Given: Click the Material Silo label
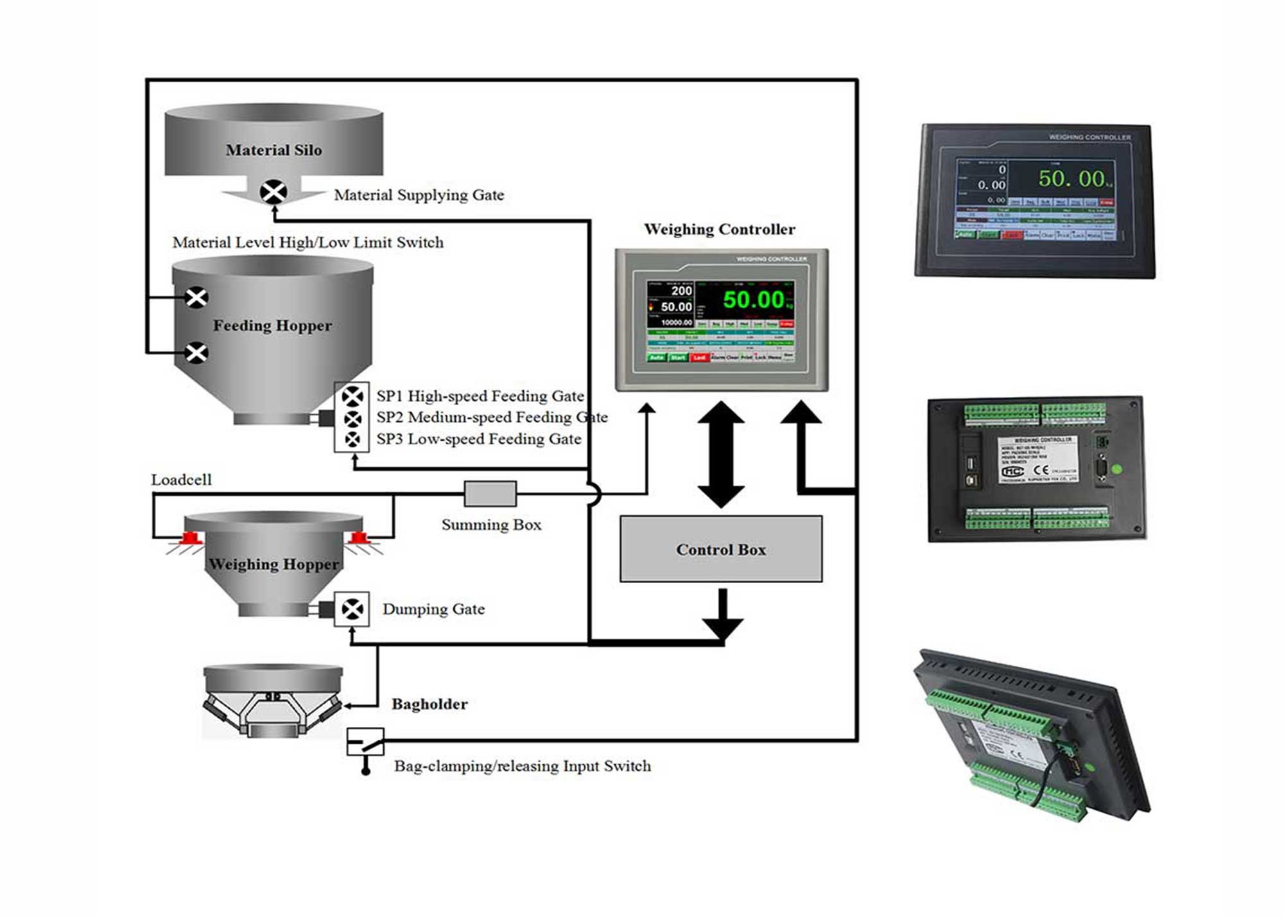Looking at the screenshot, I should point(273,150).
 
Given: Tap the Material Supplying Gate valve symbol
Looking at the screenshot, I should point(273,191).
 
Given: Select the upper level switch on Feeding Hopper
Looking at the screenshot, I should point(196,297).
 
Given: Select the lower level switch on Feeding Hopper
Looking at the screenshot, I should point(196,353).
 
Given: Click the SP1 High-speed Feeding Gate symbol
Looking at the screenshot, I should point(352,396).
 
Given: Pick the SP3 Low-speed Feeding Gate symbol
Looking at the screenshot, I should point(352,440).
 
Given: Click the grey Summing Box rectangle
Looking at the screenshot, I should point(490,494).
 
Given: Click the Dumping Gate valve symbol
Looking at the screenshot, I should point(352,609).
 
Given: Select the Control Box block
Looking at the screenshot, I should point(720,549).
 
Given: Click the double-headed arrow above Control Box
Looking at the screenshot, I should point(720,455).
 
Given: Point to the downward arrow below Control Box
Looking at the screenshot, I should point(723,616).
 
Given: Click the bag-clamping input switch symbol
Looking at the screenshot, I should point(365,743).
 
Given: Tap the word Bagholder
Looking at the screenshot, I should point(429,704).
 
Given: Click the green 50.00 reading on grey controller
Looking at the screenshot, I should point(754,300).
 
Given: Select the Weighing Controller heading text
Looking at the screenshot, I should point(719,229).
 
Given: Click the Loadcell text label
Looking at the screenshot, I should point(181,480).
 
